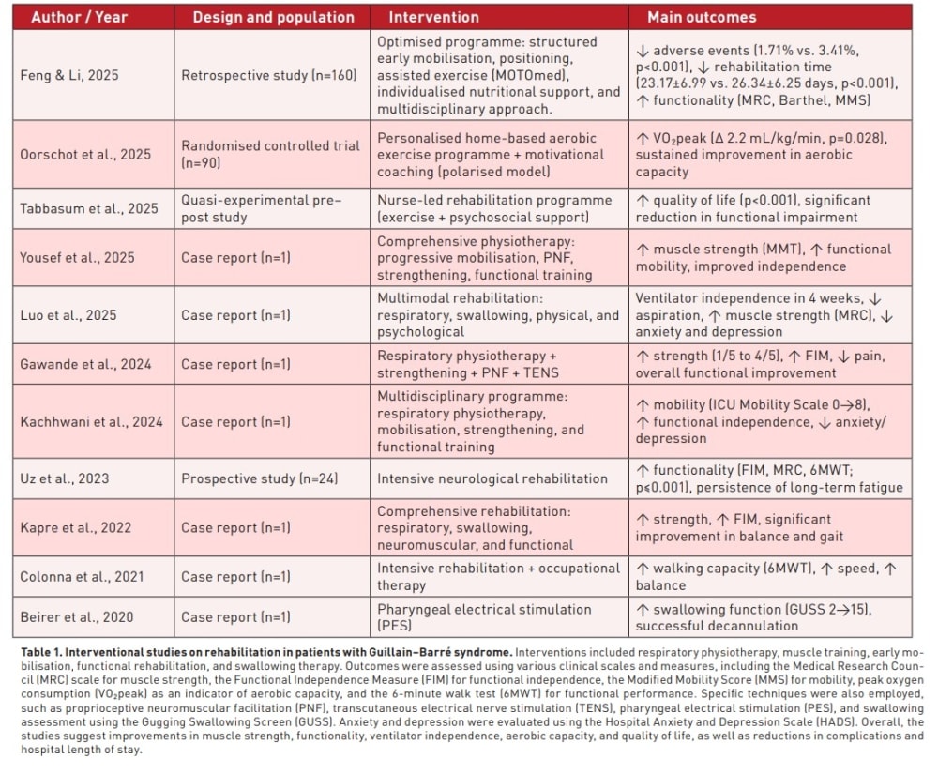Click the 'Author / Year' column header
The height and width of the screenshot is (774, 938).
point(79,17)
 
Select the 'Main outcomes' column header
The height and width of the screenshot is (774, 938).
point(702,17)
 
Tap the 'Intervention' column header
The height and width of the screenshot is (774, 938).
point(433,17)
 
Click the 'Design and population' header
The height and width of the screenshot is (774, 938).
point(273,17)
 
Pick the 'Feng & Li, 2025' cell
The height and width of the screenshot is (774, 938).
point(69,75)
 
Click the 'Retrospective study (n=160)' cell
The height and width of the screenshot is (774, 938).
point(269,75)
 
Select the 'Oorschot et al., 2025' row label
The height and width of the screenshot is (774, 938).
point(85,154)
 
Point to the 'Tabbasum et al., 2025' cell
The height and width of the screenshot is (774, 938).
point(89,209)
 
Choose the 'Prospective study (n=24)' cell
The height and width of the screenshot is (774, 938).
point(260,478)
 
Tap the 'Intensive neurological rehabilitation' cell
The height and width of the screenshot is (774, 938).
point(492,478)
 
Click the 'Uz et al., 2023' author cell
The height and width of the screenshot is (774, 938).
point(65,478)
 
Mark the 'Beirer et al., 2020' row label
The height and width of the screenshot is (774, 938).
point(77,617)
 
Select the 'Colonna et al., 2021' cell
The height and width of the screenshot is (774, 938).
point(82,577)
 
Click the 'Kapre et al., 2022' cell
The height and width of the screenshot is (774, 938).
point(75,527)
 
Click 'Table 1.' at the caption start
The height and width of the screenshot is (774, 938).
point(41,652)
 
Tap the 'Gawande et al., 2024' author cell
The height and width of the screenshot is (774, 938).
point(85,364)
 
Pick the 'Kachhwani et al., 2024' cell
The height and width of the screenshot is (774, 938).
point(92,421)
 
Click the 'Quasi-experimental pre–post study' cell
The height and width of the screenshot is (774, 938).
point(262,209)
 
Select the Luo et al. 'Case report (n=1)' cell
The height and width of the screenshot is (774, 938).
point(235,315)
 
